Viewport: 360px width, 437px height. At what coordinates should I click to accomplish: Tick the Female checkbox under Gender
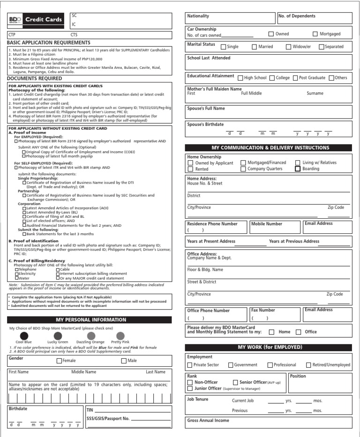click(59, 361)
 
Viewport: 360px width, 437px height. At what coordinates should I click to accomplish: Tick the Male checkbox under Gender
click(124, 361)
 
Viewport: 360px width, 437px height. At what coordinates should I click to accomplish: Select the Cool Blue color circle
click(23, 335)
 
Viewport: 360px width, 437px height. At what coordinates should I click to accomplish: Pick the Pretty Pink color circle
click(120, 335)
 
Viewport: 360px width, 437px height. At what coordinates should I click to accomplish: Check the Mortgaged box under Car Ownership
click(315, 34)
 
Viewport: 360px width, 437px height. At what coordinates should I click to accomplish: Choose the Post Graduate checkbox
click(295, 78)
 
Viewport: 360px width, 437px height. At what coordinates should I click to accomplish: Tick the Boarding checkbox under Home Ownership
click(298, 169)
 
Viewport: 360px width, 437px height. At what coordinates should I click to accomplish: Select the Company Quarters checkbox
click(243, 169)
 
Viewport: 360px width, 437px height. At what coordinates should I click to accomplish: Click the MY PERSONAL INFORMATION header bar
click(90, 320)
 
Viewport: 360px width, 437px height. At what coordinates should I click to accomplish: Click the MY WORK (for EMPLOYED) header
click(270, 347)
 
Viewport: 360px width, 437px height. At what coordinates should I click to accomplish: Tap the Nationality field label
click(198, 16)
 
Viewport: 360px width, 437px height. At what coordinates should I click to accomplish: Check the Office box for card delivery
click(298, 332)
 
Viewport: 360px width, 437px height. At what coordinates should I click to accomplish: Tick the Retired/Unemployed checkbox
click(308, 365)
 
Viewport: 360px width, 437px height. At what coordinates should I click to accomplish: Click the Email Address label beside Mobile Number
click(318, 223)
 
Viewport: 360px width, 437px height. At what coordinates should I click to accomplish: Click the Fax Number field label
click(263, 310)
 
